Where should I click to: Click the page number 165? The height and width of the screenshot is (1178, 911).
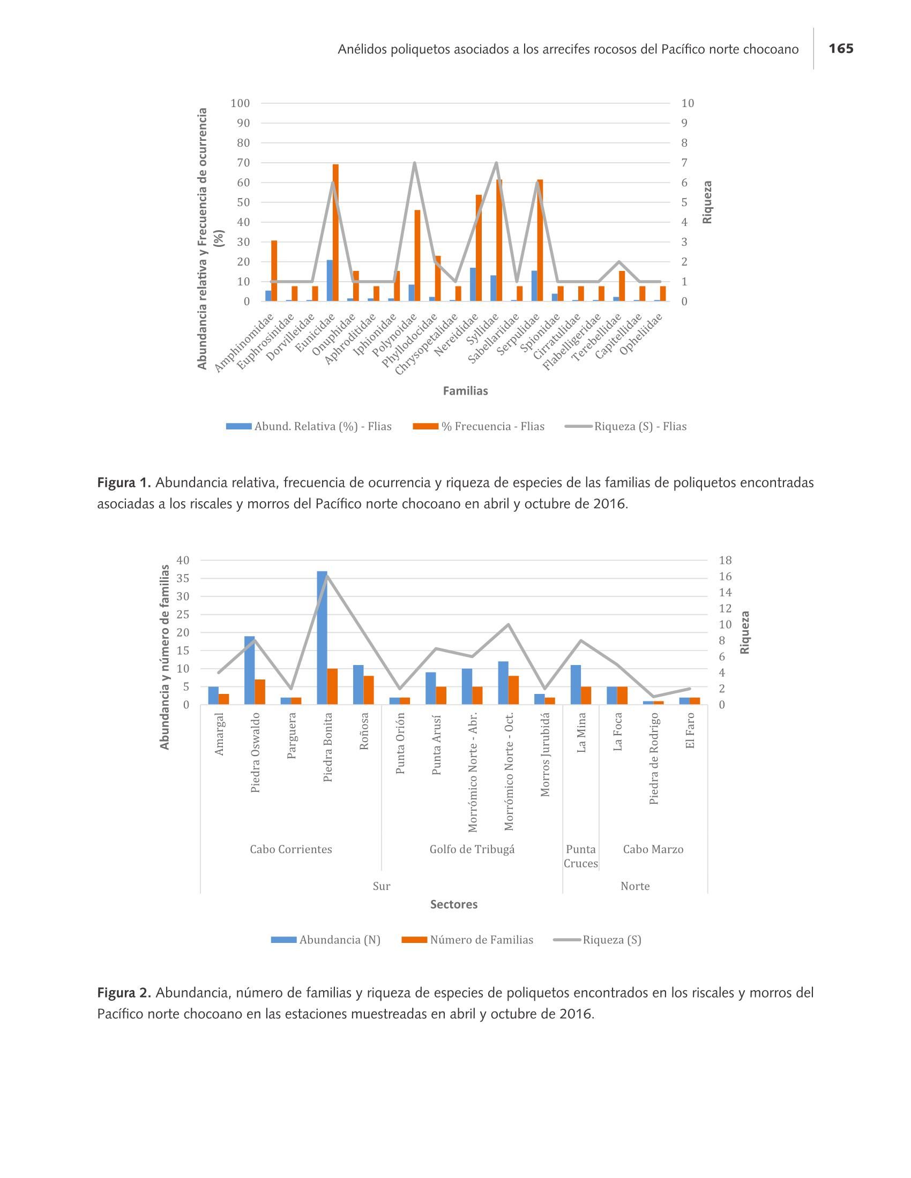pos(841,49)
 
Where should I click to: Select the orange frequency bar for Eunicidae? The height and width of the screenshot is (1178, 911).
pos(335,232)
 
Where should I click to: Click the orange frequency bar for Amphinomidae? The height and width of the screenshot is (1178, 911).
pos(274,271)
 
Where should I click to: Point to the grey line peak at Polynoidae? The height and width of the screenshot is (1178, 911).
pos(414,163)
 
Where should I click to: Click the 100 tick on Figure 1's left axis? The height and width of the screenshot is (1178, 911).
pos(240,103)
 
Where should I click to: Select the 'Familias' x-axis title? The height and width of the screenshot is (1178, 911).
pos(465,391)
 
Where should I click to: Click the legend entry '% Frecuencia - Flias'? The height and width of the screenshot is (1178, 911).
pos(479,426)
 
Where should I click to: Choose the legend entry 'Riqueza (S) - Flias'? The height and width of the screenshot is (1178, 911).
pos(626,426)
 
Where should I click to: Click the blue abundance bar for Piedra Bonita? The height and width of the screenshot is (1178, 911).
pos(322,638)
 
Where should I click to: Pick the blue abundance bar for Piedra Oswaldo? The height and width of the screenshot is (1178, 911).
pos(249,670)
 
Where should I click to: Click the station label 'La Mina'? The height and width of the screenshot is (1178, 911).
pos(581,733)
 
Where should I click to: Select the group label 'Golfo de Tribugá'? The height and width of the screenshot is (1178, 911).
pos(472,849)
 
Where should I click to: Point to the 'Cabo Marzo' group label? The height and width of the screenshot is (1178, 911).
pos(653,849)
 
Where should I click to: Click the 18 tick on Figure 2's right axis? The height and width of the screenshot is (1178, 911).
pos(726,561)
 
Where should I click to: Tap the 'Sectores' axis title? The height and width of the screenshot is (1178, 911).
pos(454,904)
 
